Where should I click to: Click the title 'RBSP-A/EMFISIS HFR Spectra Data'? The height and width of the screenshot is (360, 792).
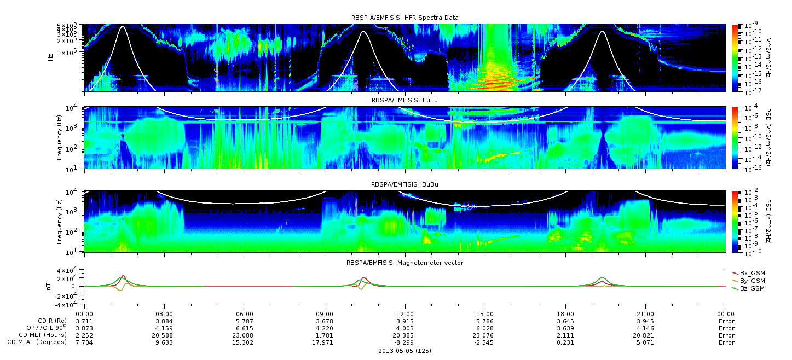tap(405, 18)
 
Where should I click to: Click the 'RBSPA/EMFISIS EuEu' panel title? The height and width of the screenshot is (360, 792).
tap(404, 100)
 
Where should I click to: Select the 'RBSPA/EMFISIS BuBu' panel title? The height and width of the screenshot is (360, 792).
tap(404, 184)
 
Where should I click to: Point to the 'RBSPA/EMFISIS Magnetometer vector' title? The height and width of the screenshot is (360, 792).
tap(405, 263)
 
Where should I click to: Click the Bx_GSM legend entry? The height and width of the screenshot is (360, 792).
tap(749, 273)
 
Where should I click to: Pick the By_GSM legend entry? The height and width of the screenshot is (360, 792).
tap(749, 281)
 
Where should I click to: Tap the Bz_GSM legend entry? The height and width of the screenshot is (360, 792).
tap(749, 289)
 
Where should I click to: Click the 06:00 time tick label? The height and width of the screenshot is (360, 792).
tap(245, 314)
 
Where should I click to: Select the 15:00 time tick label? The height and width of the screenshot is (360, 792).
tap(485, 314)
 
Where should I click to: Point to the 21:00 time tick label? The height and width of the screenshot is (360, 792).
tap(646, 314)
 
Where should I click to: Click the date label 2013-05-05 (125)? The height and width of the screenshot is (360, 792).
tap(405, 351)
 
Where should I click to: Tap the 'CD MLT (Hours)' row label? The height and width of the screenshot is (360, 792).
tap(43, 335)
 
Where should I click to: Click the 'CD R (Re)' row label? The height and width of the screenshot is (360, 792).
tap(53, 321)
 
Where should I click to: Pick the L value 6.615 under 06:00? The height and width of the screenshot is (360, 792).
tap(245, 328)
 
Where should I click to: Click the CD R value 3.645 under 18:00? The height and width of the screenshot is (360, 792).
tap(565, 321)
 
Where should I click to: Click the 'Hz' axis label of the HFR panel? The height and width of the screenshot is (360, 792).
tap(50, 57)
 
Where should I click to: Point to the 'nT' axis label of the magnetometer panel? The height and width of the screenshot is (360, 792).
tap(48, 287)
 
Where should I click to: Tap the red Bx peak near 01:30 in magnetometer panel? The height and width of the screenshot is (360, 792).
tap(123, 276)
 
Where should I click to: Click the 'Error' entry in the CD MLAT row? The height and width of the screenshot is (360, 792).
tap(726, 342)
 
